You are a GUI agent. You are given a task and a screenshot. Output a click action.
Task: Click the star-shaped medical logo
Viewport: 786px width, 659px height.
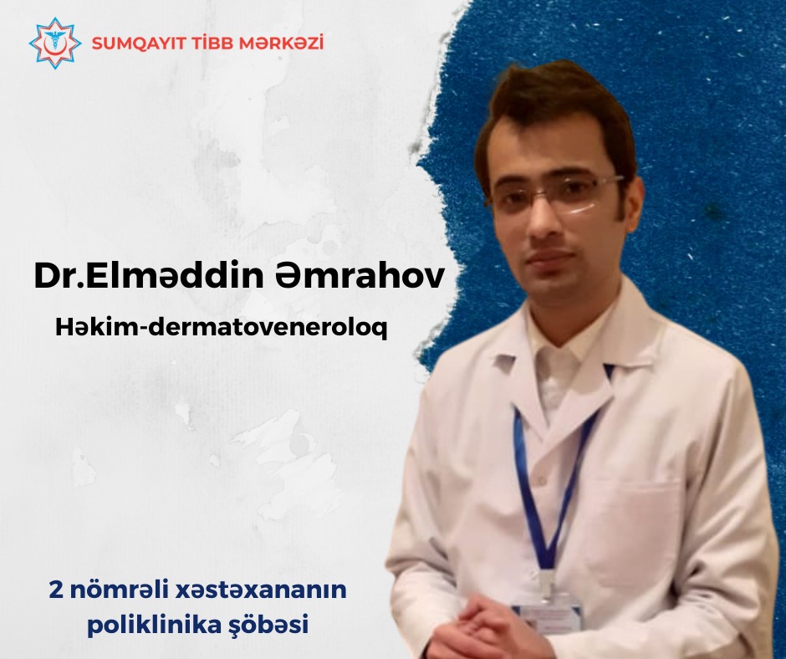[x=55, y=43]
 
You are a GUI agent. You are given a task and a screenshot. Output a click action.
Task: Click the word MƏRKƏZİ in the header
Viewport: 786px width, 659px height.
[x=281, y=43]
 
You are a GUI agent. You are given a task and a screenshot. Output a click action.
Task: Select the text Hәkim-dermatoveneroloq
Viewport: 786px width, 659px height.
[x=221, y=328]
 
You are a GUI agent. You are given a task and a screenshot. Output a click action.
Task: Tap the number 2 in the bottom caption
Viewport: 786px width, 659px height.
[x=56, y=590]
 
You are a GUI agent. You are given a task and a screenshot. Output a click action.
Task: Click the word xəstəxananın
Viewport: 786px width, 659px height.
[x=261, y=590]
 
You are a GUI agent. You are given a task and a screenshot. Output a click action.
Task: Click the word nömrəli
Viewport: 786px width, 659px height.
[x=119, y=590]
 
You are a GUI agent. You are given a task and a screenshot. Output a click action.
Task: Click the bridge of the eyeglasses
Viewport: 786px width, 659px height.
[x=544, y=189]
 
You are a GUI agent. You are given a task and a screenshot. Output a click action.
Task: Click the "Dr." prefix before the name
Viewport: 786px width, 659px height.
[x=59, y=275]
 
